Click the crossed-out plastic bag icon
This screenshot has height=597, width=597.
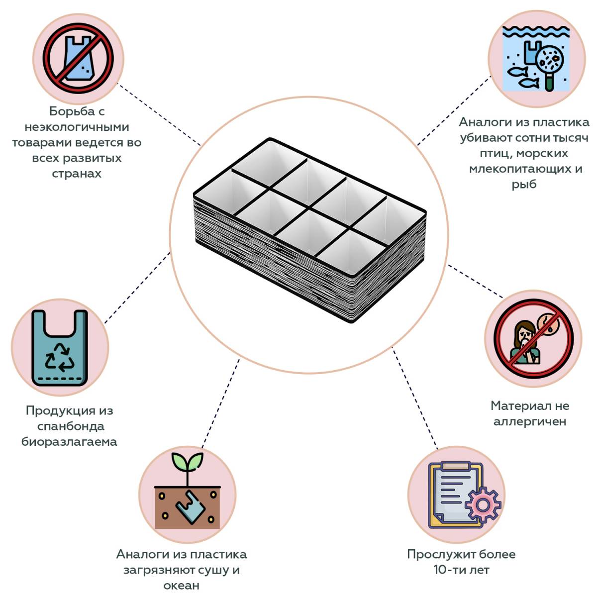click(x=78, y=58)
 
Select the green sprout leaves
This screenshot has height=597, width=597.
click(x=188, y=462)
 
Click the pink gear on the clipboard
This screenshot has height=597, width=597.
click(x=483, y=505)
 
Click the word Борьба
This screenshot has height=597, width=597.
click(x=72, y=111)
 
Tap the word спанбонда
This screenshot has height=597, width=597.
click(x=71, y=426)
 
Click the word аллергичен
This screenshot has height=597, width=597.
click(x=530, y=422)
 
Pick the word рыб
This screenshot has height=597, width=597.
click(x=524, y=185)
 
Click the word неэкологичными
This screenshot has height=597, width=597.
click(x=77, y=127)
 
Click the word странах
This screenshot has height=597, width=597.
click(x=77, y=174)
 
